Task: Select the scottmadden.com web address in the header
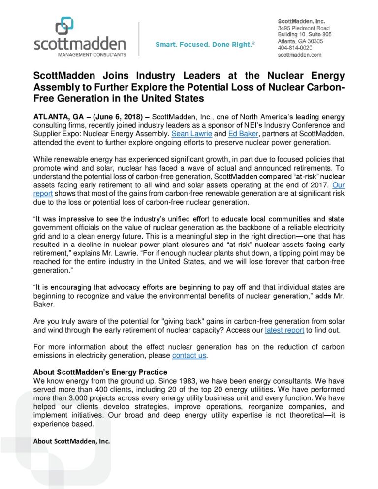tap(300, 55)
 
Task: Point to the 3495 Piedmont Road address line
tap(304, 28)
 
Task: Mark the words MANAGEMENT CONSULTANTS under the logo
tap(80, 54)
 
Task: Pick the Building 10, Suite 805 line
tap(305, 35)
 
